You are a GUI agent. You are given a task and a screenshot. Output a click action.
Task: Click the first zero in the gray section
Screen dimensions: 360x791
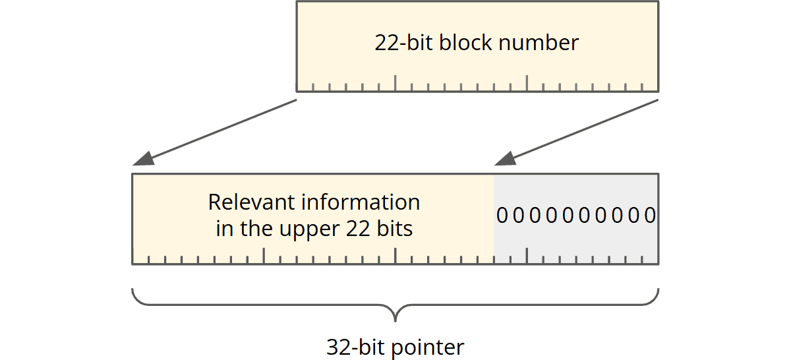(x=502, y=216)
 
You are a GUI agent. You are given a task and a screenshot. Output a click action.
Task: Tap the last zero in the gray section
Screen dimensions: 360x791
(x=650, y=216)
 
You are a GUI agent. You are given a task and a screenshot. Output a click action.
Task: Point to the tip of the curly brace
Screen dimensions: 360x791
(x=395, y=319)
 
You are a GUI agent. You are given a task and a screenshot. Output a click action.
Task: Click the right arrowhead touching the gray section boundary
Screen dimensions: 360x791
(x=505, y=160)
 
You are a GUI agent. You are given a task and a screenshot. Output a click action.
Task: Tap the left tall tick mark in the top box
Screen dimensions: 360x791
(x=395, y=82)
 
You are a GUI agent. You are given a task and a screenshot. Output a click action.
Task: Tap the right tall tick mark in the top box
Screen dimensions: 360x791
(x=527, y=82)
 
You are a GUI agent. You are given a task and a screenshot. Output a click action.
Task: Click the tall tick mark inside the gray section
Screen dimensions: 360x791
(x=527, y=256)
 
